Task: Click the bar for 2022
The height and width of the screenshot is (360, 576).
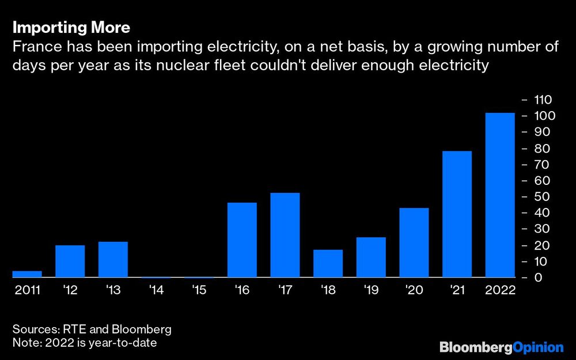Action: pyautogui.click(x=500, y=195)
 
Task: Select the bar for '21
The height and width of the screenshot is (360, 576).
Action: pyautogui.click(x=457, y=214)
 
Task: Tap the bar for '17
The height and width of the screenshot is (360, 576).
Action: pyautogui.click(x=285, y=235)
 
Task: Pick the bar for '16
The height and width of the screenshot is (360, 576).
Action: pyautogui.click(x=242, y=240)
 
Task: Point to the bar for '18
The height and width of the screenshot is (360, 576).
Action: pyautogui.click(x=328, y=263)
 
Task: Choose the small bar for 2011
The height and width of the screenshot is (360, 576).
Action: pyautogui.click(x=27, y=274)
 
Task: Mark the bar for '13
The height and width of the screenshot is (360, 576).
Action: pyautogui.click(x=113, y=259)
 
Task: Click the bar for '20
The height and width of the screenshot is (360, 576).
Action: pyautogui.click(x=414, y=242)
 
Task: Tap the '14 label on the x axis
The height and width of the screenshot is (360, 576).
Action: pyautogui.click(x=156, y=290)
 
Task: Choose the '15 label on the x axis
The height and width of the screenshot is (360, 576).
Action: pyautogui.click(x=199, y=290)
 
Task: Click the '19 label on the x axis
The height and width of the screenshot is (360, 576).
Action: pyautogui.click(x=371, y=290)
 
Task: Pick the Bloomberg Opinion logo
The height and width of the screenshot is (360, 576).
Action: pyautogui.click(x=501, y=347)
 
